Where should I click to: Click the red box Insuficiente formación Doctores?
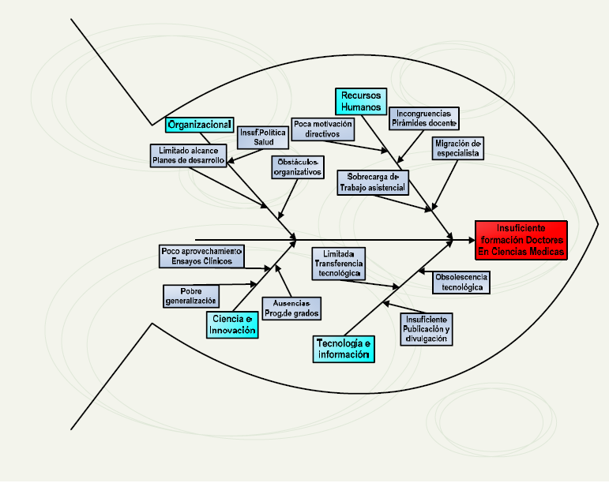(x=521, y=240)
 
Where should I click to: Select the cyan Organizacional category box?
(x=199, y=124)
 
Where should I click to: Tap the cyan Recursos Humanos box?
(x=361, y=101)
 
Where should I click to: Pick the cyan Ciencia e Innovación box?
(x=233, y=325)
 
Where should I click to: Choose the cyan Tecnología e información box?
(x=344, y=349)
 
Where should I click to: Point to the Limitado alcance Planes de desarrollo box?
(x=189, y=155)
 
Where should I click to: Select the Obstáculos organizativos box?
(x=298, y=167)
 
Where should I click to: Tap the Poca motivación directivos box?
(x=322, y=129)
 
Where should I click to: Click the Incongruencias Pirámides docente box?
(x=425, y=118)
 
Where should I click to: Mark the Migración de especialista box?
(x=457, y=148)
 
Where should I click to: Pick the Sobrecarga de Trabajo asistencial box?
(x=373, y=182)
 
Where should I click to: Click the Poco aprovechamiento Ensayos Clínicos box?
(x=201, y=256)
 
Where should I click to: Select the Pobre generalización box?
(x=190, y=295)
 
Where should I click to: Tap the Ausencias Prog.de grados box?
(x=291, y=309)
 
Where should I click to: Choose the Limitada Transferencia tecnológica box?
(x=337, y=264)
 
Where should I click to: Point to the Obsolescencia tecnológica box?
(x=461, y=282)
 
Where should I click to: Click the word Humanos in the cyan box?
(x=361, y=107)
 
